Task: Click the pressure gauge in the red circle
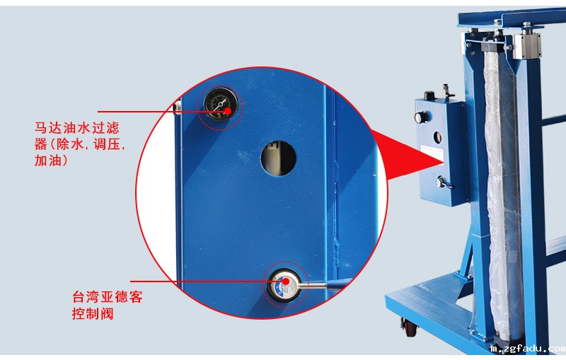(220, 105)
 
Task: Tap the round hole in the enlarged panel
(278, 158)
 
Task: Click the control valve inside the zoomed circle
(286, 284)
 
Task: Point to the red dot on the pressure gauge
(228, 111)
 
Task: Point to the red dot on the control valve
(286, 281)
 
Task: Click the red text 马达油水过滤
(77, 128)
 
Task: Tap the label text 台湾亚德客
(108, 297)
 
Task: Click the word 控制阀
(93, 313)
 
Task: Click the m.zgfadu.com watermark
(528, 349)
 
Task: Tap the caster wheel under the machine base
(410, 327)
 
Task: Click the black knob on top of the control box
(429, 95)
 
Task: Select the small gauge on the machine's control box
(420, 117)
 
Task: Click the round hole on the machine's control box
(437, 137)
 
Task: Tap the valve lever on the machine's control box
(444, 182)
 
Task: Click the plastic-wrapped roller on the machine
(502, 194)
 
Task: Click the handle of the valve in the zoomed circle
(314, 286)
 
